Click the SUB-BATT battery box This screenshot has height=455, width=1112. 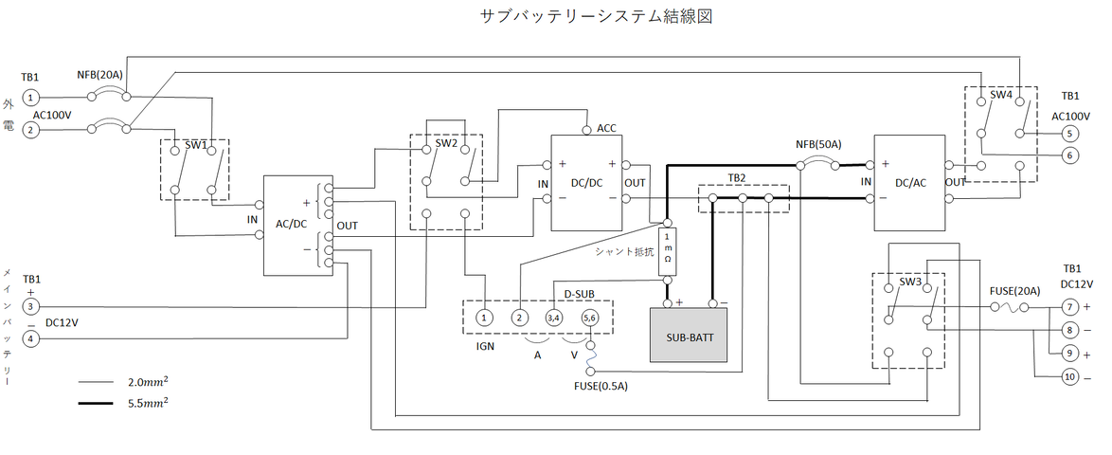[688, 336]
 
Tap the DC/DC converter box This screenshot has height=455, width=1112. [587, 182]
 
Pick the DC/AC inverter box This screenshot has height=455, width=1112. [909, 182]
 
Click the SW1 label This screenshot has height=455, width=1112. [196, 145]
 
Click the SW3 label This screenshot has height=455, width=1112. [910, 282]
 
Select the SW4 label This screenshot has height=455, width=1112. [1001, 96]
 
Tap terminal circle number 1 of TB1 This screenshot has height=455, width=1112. [31, 97]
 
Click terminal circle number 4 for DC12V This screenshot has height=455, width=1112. [31, 337]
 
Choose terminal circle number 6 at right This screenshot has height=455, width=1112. [1070, 155]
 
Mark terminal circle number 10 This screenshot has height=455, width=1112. [1070, 376]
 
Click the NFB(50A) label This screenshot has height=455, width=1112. [818, 144]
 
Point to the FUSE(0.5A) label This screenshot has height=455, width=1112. [601, 387]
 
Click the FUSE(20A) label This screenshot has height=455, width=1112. [1013, 290]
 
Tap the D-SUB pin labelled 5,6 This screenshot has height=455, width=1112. [590, 318]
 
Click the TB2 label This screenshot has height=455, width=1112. [737, 177]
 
